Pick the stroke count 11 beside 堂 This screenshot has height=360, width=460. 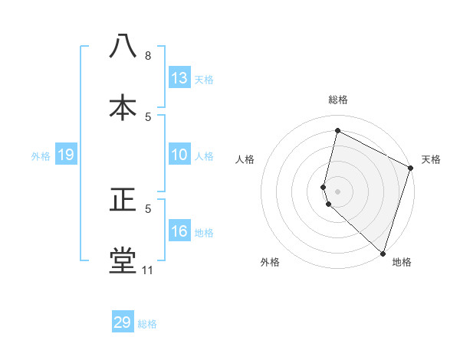147,270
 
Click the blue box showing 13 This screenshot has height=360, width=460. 179,78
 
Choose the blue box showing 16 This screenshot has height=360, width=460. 179,232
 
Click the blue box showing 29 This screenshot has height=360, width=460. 123,322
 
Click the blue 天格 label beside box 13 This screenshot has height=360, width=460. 204,79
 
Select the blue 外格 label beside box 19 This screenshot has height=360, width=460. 41,156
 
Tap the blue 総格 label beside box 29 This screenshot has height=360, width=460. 147,323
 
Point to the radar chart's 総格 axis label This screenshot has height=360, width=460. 337,100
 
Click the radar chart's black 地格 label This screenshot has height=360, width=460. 402,262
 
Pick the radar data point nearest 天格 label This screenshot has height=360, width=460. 411,170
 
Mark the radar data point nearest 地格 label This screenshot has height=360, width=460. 382,253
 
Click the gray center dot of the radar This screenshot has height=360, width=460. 337,191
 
